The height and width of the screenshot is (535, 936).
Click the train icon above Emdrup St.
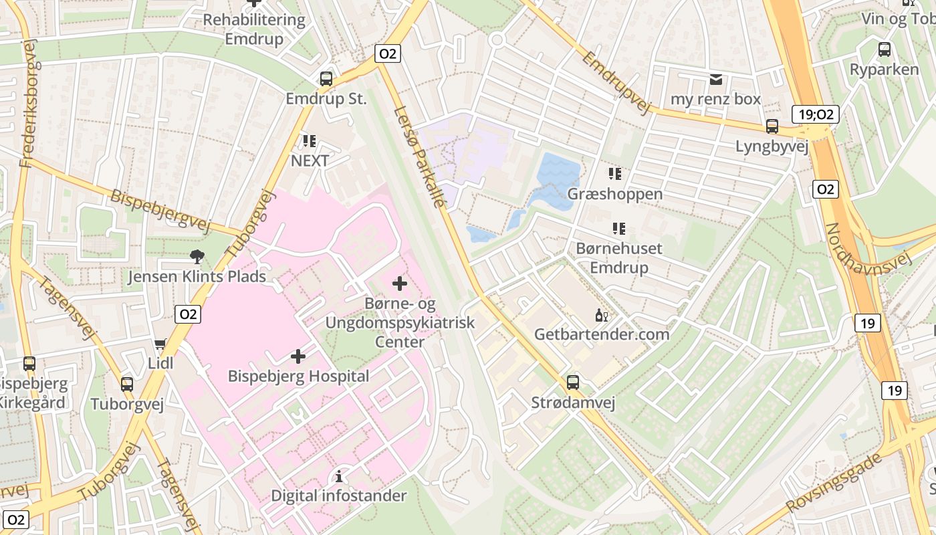(x=326, y=78)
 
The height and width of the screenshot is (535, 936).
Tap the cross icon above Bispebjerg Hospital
(x=298, y=356)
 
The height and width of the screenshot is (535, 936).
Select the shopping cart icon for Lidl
(x=160, y=344)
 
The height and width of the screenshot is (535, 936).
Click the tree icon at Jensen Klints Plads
(x=197, y=256)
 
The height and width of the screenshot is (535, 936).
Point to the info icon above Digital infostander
(x=339, y=476)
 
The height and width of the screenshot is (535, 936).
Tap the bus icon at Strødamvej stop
(x=573, y=383)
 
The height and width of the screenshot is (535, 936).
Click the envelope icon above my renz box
(x=716, y=80)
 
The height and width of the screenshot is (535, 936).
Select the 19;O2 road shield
(x=815, y=114)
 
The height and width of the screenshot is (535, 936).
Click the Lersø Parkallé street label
(x=419, y=156)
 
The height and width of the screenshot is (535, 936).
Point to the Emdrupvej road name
(x=616, y=82)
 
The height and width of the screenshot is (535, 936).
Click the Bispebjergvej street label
(x=160, y=211)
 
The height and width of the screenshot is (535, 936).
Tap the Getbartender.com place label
(x=602, y=334)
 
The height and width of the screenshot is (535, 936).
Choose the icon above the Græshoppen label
(x=615, y=174)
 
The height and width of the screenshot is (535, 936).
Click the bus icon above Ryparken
(x=885, y=49)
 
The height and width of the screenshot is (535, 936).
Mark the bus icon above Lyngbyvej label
(x=772, y=126)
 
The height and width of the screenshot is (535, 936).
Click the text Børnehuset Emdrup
(x=619, y=257)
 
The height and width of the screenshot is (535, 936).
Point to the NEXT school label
(x=310, y=160)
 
